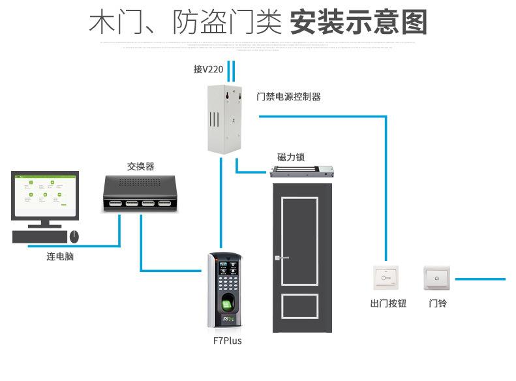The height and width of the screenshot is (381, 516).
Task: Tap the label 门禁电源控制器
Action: (288, 97)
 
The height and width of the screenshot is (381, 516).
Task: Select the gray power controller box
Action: (222, 118)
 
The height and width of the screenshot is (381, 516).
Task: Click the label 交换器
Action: (140, 166)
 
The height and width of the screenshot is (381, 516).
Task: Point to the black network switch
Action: (139, 193)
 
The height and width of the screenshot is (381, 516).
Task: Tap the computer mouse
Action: (74, 236)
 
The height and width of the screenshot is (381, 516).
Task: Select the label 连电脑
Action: (60, 256)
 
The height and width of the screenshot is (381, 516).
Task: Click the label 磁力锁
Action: (290, 157)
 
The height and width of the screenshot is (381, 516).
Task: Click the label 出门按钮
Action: (387, 303)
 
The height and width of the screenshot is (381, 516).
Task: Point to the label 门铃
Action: (438, 303)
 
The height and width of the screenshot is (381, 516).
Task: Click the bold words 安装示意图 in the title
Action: (358, 22)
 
